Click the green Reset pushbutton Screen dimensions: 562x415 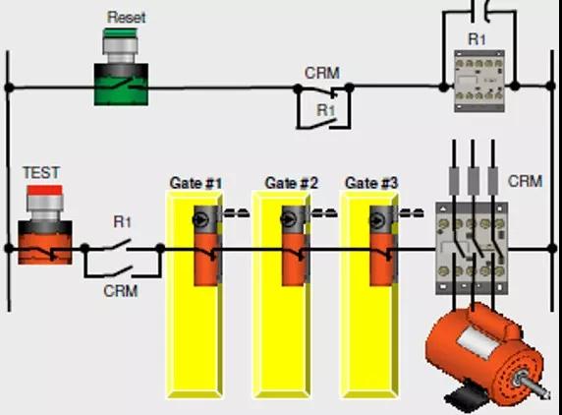121,67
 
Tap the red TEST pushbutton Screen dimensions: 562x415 45,225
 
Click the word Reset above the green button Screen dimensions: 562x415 126,18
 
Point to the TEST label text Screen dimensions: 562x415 41,172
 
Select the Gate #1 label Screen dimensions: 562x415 196,183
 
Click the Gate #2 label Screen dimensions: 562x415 291,183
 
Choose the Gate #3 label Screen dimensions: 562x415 371,183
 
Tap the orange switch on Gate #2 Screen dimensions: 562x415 295,246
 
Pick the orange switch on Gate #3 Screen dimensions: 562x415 383,246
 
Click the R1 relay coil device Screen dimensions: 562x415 479,81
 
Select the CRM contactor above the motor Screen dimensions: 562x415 472,248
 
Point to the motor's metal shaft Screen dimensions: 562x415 533,386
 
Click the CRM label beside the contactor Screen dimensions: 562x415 525,182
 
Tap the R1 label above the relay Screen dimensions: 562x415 478,39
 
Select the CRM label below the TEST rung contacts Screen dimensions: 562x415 121,291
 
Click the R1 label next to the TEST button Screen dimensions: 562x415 122,222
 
